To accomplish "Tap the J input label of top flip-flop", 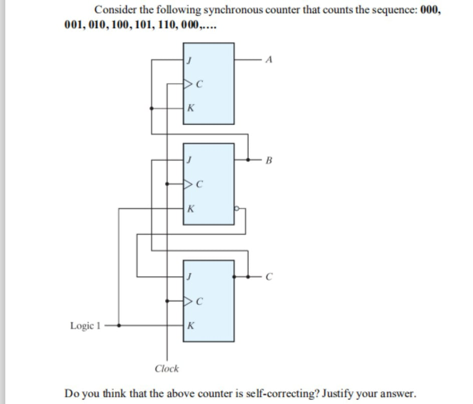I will (189, 60).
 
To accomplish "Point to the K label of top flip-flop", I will (190, 107).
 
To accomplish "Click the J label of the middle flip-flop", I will (189, 160).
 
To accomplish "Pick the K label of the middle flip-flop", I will (190, 208).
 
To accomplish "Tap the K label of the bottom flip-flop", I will (190, 325).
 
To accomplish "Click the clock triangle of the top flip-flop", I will (188, 84).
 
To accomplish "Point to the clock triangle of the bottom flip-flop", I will (188, 301).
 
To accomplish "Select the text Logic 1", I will (85, 325).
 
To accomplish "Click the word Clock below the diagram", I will (167, 368).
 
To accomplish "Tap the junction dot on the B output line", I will (248, 160).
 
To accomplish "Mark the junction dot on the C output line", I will (248, 276).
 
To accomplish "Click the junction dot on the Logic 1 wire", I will (119, 325).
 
